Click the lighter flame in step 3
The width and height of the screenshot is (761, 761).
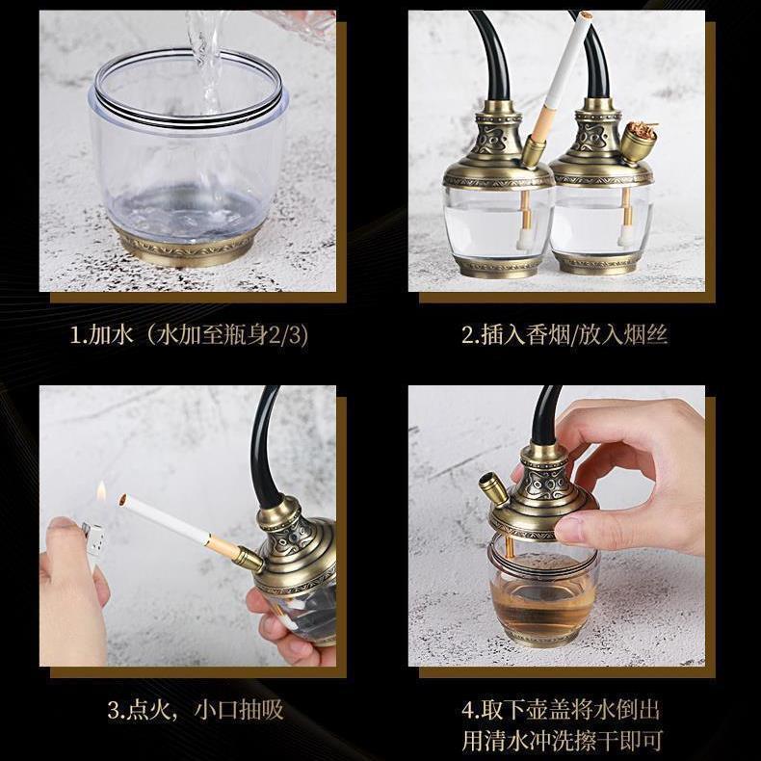(x=101, y=491)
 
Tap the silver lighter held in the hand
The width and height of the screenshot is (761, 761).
(x=93, y=539)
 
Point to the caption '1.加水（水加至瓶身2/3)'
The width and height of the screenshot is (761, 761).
(x=189, y=336)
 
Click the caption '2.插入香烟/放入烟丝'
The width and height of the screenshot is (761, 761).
(x=564, y=335)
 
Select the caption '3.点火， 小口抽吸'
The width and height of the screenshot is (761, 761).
(x=196, y=710)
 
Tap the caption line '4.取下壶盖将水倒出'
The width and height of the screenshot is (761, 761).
(x=561, y=710)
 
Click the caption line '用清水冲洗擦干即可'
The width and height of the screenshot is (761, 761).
(x=562, y=740)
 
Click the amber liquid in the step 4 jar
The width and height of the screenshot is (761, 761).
(x=542, y=603)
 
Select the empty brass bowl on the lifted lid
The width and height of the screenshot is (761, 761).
(x=493, y=490)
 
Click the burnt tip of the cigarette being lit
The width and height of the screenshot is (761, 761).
(x=121, y=499)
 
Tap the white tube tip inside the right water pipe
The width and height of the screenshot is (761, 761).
(x=625, y=236)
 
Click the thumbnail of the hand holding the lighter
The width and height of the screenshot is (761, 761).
(x=62, y=523)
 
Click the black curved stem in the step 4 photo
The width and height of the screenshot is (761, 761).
(x=545, y=416)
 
